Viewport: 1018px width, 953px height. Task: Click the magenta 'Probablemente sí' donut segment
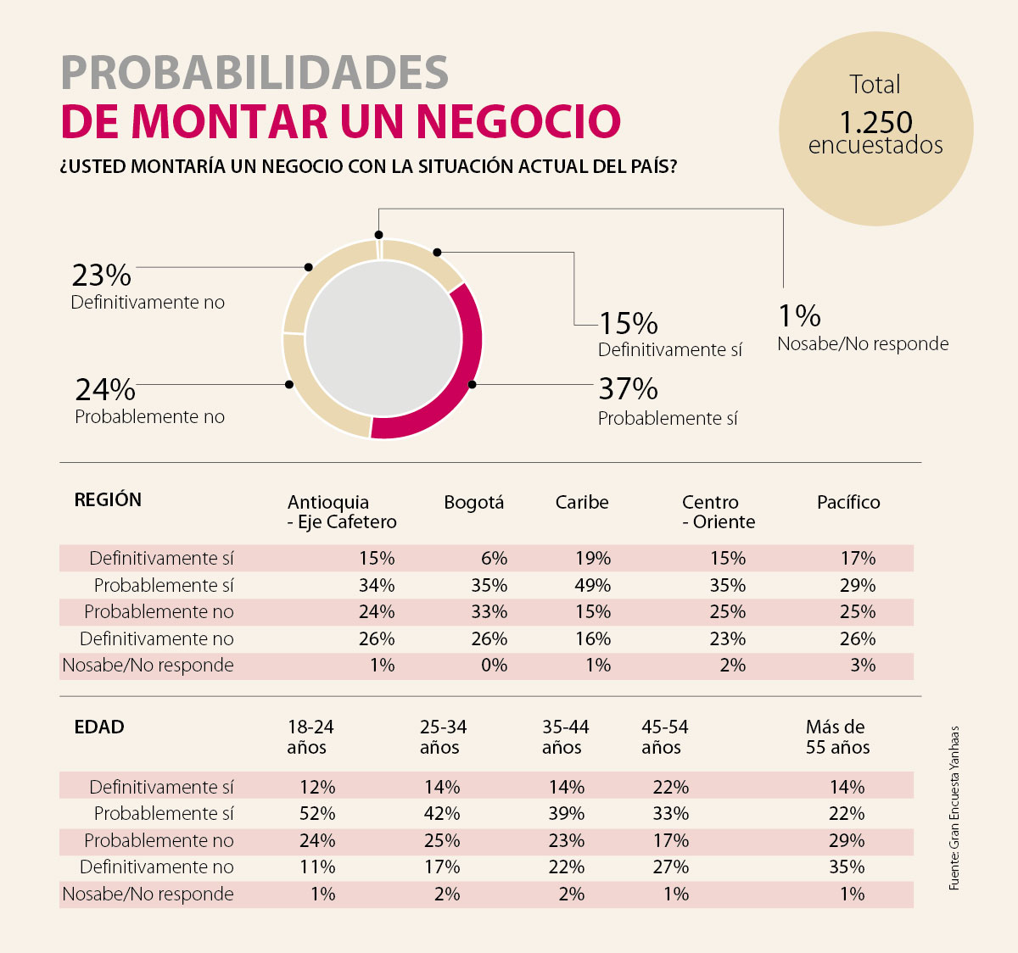click(x=462, y=373)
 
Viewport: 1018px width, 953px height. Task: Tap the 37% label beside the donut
click(x=628, y=389)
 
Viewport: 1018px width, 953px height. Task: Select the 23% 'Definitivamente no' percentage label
click(x=101, y=276)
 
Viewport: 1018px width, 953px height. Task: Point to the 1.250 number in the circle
click(x=875, y=122)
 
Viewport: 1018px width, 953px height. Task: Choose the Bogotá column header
click(x=473, y=503)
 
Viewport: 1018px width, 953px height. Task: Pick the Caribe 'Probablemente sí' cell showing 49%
click(x=592, y=585)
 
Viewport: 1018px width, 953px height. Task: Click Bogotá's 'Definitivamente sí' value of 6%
click(x=494, y=558)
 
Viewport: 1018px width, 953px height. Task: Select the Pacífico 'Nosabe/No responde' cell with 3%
click(x=862, y=666)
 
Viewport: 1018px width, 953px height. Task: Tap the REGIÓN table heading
click(x=108, y=500)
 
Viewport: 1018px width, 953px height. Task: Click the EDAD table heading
click(x=99, y=727)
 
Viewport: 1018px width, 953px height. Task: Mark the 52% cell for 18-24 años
click(x=317, y=814)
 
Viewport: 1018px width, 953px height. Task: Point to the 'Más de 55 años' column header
click(x=837, y=737)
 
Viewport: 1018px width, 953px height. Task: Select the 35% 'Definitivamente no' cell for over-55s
click(x=847, y=867)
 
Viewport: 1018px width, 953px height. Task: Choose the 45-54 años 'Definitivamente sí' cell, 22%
click(x=670, y=787)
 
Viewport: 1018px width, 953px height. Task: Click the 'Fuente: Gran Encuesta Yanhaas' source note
click(x=954, y=808)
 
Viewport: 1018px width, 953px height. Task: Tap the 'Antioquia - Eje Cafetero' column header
click(x=341, y=512)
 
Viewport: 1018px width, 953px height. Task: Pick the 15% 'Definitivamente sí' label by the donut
click(x=629, y=323)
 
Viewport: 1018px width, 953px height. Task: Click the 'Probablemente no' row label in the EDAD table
click(x=159, y=841)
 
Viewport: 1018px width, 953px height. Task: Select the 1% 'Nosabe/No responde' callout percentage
click(x=799, y=316)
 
